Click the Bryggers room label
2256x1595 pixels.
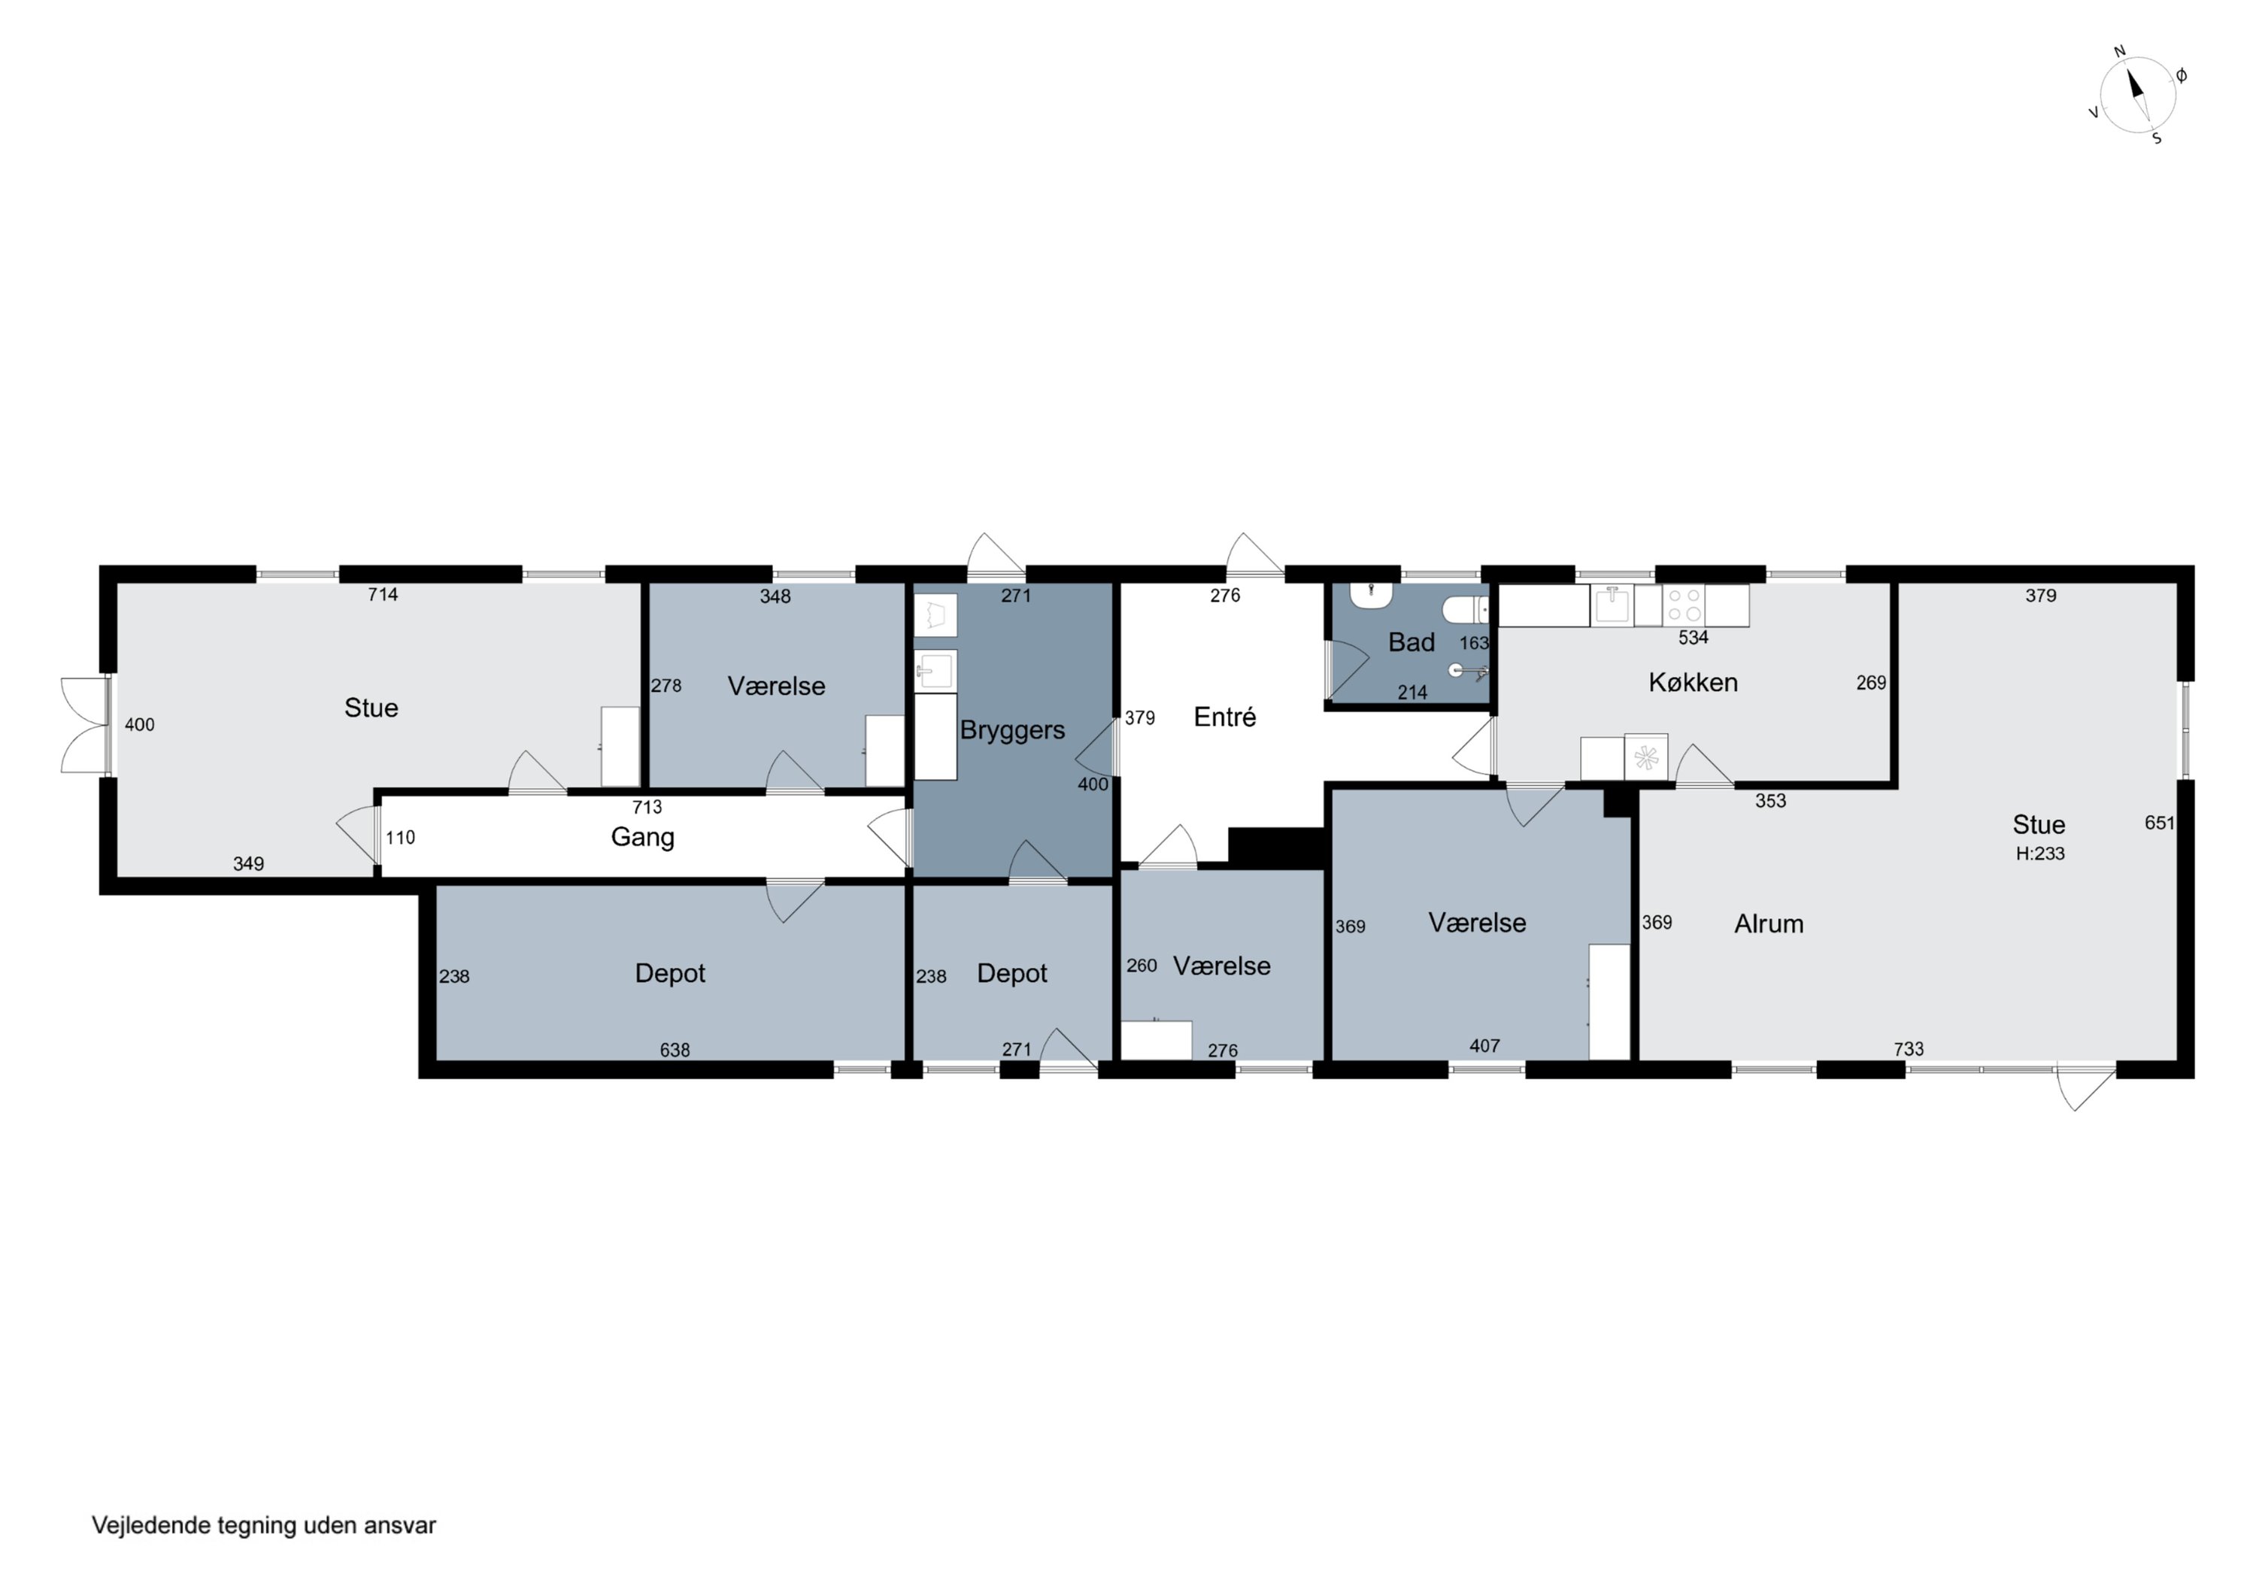click(x=1012, y=731)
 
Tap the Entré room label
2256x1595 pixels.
click(x=1224, y=717)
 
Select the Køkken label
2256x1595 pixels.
click(x=1693, y=682)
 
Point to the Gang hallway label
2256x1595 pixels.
click(x=643, y=837)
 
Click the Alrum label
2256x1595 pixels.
click(x=1769, y=923)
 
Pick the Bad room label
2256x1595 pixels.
click(x=1411, y=643)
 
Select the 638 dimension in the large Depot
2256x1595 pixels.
click(x=674, y=1050)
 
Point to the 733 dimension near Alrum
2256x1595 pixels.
click(x=1908, y=1048)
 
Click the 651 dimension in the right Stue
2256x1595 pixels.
click(x=2160, y=823)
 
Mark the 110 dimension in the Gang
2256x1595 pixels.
click(x=400, y=837)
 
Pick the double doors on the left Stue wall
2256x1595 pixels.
click(x=84, y=725)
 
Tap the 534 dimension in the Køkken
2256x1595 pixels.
click(x=1693, y=638)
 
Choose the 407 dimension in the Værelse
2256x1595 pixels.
click(x=1484, y=1045)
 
